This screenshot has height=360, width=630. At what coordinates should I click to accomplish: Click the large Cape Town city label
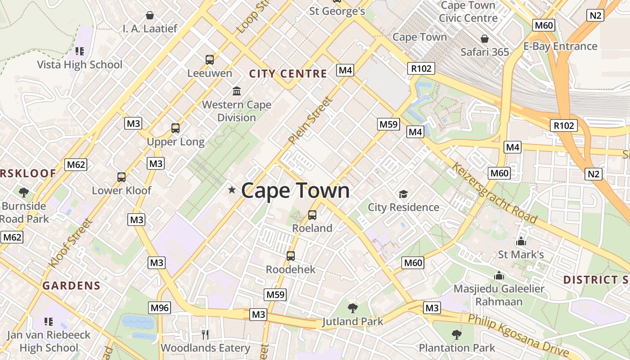pos(295,191)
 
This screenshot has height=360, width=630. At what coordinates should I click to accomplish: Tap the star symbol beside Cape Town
pos(232,190)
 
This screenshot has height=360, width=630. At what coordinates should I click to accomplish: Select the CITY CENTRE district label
pos(288,74)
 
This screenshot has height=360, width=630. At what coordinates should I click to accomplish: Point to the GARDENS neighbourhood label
pos(72,285)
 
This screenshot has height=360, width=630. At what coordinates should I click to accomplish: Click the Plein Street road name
pos(310,121)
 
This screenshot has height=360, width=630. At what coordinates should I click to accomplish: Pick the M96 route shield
pos(160,308)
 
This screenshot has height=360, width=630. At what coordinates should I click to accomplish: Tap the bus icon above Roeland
pos(312,215)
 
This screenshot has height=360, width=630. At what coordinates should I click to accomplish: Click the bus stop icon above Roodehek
pos(291,256)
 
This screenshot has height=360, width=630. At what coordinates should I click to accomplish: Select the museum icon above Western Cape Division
pos(237,91)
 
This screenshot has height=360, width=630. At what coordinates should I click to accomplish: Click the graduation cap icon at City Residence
pos(403,194)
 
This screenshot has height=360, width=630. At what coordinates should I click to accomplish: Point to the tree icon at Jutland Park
pos(353,308)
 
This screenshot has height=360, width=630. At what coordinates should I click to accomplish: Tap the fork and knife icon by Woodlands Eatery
pos(205,334)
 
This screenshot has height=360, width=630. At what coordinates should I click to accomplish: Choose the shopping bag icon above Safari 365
pos(485,39)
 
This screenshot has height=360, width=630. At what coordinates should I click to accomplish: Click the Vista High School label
pos(80,64)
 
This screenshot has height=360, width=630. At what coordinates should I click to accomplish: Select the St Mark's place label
pos(521,255)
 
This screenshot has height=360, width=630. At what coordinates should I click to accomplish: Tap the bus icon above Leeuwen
pos(210,60)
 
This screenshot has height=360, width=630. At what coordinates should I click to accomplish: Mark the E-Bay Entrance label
pos(560,46)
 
